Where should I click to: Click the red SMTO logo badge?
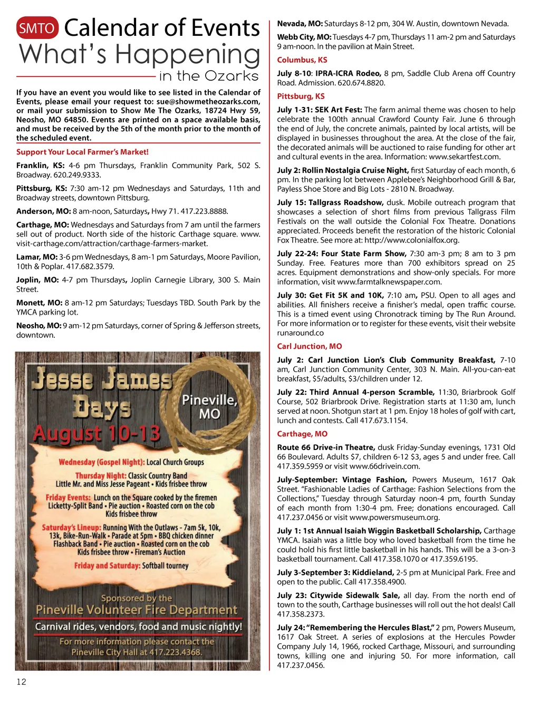pyautogui.click(x=37, y=28)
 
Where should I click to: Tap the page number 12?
pyautogui.click(x=21, y=682)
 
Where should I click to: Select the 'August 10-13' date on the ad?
pyautogui.click(x=97, y=434)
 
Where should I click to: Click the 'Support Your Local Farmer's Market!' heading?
pyautogui.click(x=82, y=152)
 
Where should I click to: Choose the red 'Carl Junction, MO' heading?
pyautogui.click(x=310, y=346)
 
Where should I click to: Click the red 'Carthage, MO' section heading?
pyautogui.click(x=302, y=434)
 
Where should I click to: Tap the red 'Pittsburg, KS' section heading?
pyautogui.click(x=301, y=96)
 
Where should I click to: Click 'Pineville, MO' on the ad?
pyautogui.click(x=209, y=406)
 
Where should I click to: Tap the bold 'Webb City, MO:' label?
pyautogui.click(x=304, y=37)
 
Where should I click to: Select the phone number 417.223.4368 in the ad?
pyautogui.click(x=176, y=652)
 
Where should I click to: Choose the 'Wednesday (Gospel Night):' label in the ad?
pyautogui.click(x=101, y=462)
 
